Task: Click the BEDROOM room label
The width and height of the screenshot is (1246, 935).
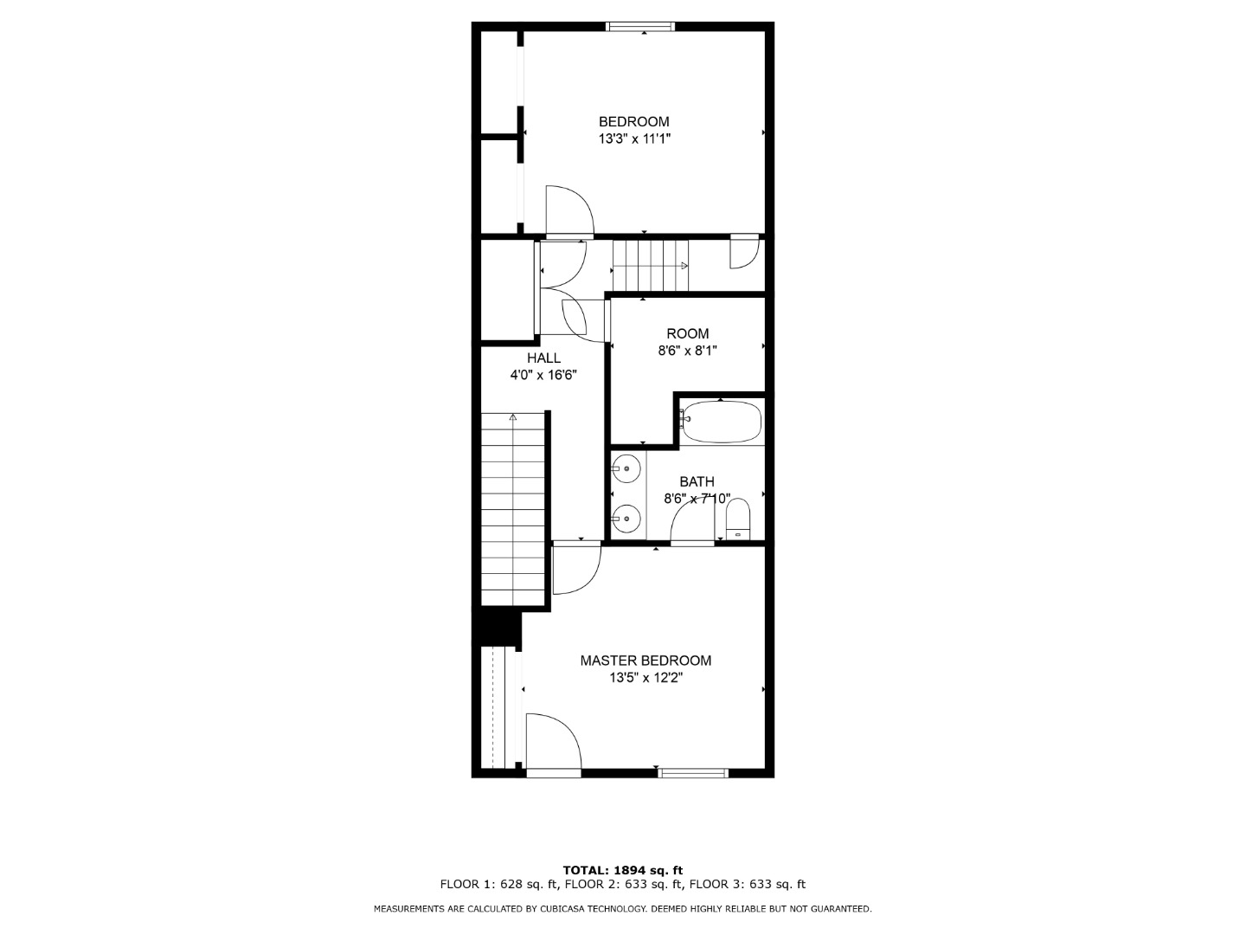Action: tap(633, 121)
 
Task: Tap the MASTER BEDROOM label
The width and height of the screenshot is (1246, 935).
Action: tap(645, 661)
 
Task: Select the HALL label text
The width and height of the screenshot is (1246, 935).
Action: tap(543, 358)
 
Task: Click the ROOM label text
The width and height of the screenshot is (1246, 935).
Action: tap(687, 333)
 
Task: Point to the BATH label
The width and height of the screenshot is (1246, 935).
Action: tap(697, 481)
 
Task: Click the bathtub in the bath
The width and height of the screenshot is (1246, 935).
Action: tap(721, 422)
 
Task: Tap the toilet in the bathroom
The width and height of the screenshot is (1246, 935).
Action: tap(738, 519)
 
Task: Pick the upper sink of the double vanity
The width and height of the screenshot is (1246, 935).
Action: tap(626, 469)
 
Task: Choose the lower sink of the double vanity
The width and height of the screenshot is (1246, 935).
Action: tap(626, 519)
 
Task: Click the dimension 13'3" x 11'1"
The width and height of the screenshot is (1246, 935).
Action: tap(634, 139)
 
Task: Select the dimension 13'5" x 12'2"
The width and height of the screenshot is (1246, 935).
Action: tap(646, 677)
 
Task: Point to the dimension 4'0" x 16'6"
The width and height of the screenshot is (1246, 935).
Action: tap(543, 375)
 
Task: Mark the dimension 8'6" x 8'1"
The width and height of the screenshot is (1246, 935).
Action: tap(687, 351)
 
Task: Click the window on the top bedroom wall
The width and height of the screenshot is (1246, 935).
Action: tap(640, 26)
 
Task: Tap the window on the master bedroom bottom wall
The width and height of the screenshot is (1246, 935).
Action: tap(693, 772)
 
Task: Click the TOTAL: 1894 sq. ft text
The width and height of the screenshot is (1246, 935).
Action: tap(623, 870)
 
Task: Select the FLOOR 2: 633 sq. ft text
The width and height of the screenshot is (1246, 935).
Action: tap(621, 884)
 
